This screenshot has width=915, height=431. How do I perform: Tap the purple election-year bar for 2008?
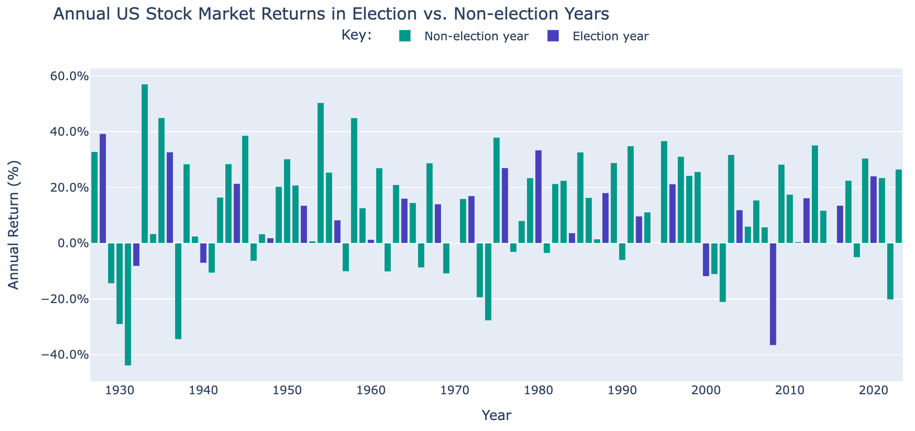773,294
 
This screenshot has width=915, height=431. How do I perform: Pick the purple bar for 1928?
103,189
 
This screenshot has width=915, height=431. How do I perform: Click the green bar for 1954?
320,173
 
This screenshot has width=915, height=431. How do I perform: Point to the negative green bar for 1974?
488,282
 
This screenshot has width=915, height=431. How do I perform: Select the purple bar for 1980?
538,197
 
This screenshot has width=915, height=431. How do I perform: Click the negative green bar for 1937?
178,291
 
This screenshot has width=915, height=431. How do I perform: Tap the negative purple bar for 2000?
706,260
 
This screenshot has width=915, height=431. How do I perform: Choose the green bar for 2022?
890,271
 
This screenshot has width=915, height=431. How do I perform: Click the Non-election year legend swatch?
405,36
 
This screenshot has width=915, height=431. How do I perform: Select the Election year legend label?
610,36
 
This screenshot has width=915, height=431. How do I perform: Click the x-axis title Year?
496,415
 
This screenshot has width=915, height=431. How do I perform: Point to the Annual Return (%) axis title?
14,225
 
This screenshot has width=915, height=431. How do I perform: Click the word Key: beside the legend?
356,35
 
